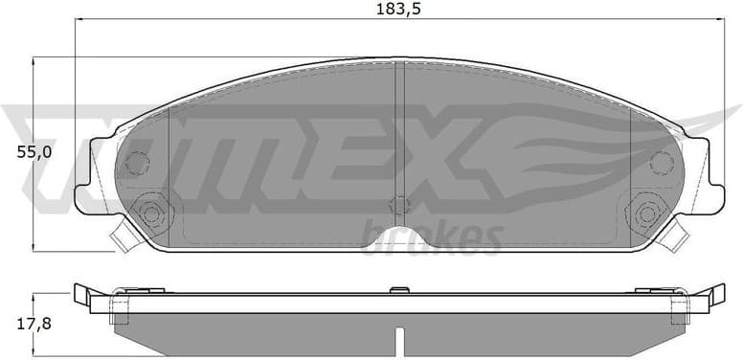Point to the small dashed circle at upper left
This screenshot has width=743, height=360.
pyautogui.click(x=138, y=164)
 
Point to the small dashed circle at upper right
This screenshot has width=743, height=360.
pyautogui.click(x=662, y=163)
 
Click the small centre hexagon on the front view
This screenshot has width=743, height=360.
pyautogui.click(x=400, y=205)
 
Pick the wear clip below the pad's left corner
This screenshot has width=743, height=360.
pyautogui.click(x=122, y=234)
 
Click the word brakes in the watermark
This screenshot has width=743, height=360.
pyautogui.click(x=433, y=237)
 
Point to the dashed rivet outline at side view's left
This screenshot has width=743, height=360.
pyautogui.click(x=119, y=308)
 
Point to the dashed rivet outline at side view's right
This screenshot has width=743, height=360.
pyautogui.click(x=681, y=308)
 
